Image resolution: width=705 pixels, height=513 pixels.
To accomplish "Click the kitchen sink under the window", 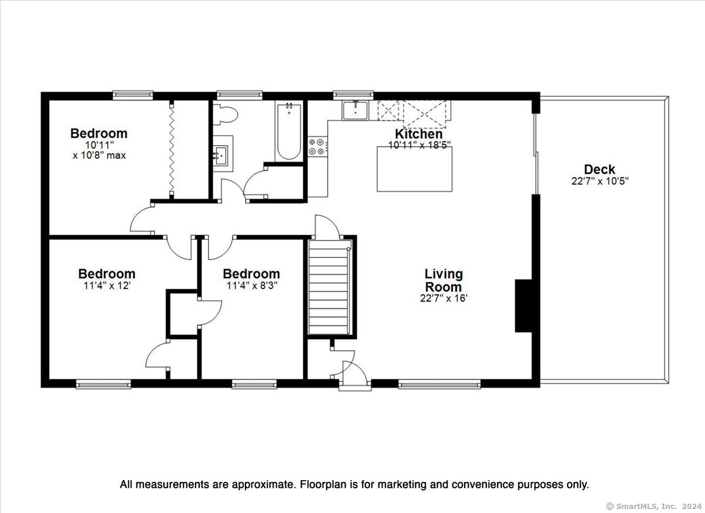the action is [x=355, y=110].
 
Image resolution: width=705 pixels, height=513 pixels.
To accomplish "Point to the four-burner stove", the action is [x=317, y=147].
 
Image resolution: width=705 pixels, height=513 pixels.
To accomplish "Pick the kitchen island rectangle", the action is [x=415, y=169].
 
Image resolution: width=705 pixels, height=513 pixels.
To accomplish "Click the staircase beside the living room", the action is [x=330, y=287].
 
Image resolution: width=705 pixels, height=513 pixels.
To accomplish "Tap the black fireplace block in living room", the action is [x=523, y=306].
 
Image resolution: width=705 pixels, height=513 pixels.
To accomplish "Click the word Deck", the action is [x=600, y=169].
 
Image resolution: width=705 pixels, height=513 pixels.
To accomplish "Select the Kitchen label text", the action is [x=418, y=134].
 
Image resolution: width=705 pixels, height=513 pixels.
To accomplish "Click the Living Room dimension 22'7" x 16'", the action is [x=444, y=298].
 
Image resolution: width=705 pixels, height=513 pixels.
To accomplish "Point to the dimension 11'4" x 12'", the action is [x=107, y=286].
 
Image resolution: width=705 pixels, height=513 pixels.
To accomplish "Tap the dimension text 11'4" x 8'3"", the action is [x=252, y=286].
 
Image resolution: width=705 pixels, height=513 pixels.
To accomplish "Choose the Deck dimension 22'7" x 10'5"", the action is [x=600, y=181].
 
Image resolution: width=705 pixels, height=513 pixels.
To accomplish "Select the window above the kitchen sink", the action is [x=354, y=95].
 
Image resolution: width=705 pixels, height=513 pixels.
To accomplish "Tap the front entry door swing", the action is [x=355, y=372].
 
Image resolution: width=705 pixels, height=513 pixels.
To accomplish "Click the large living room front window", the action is [x=439, y=384].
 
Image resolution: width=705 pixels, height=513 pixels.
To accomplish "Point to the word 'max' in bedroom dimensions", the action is [x=116, y=156].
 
